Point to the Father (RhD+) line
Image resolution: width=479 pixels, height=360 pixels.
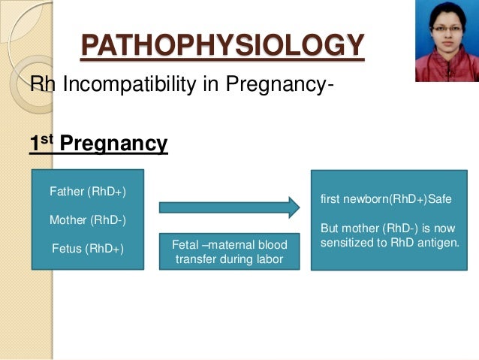87,192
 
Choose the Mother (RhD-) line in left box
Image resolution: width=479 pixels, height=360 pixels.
87,220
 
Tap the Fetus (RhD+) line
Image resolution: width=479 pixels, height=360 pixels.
86,249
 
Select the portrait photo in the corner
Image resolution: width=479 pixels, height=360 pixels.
446,41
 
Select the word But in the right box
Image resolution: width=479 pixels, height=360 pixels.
331,228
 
